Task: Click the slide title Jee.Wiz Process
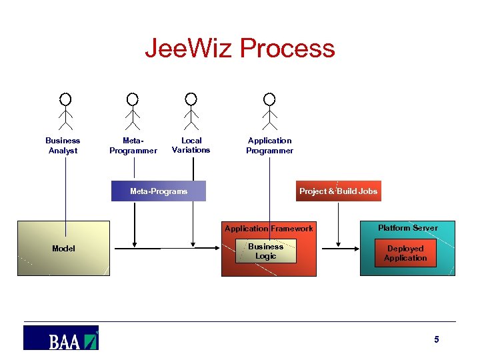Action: point(240,49)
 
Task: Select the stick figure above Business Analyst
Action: point(65,111)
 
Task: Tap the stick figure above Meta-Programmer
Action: point(133,111)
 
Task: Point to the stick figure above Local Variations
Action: point(191,111)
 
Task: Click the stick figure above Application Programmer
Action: point(269,111)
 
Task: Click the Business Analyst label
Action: point(63,145)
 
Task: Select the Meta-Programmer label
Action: point(133,145)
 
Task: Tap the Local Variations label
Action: point(191,145)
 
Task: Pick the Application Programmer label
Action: point(269,145)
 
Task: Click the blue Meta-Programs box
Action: point(159,191)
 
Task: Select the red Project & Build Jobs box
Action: point(338,191)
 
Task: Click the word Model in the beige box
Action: point(63,249)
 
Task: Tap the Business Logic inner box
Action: point(265,251)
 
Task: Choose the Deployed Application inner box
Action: point(405,253)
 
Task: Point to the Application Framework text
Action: point(269,229)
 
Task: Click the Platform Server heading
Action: point(407,228)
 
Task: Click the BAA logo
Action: point(61,338)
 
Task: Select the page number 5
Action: point(437,340)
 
